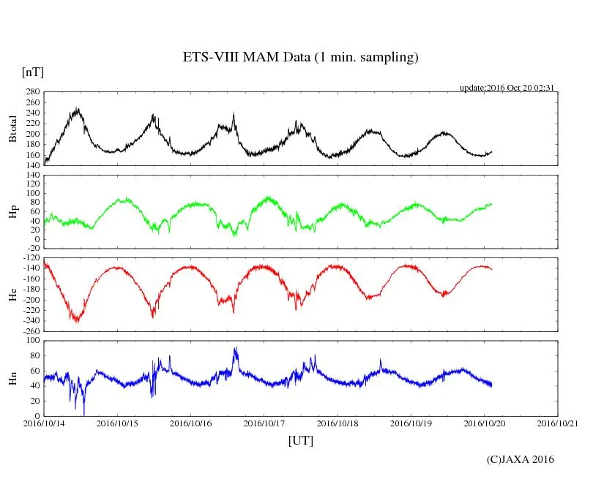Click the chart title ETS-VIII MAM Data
[x=300, y=58]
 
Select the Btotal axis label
[x=12, y=128]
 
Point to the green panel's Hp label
[x=12, y=211]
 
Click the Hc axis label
[x=12, y=294]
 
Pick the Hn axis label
[x=12, y=378]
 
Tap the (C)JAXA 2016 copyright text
[x=520, y=459]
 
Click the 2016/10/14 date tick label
[x=44, y=423]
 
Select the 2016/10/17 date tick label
[x=264, y=423]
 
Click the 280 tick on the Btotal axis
[x=31, y=92]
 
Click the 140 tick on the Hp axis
[x=31, y=176]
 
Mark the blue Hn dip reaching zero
[x=84, y=414]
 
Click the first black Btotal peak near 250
[x=77, y=110]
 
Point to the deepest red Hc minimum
[x=76, y=320]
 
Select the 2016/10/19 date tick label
[x=411, y=423]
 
